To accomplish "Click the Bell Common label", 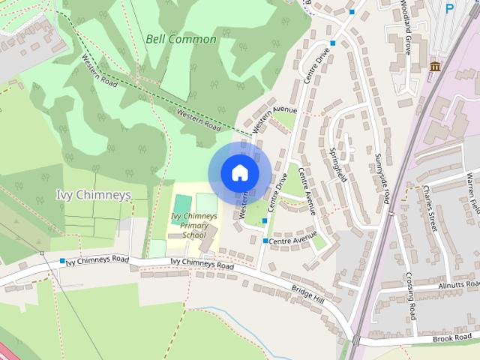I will tap(181, 39).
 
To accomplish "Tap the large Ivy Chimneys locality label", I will tap(94, 195).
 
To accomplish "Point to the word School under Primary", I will tap(193, 235).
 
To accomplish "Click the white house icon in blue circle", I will tap(239, 172).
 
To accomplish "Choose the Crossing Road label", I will tap(411, 293).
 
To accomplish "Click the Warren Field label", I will tap(472, 191).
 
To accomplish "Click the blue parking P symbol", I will tap(450, 8).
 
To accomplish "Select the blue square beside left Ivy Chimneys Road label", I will tap(62, 260).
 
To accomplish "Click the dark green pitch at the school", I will tap(181, 204).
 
